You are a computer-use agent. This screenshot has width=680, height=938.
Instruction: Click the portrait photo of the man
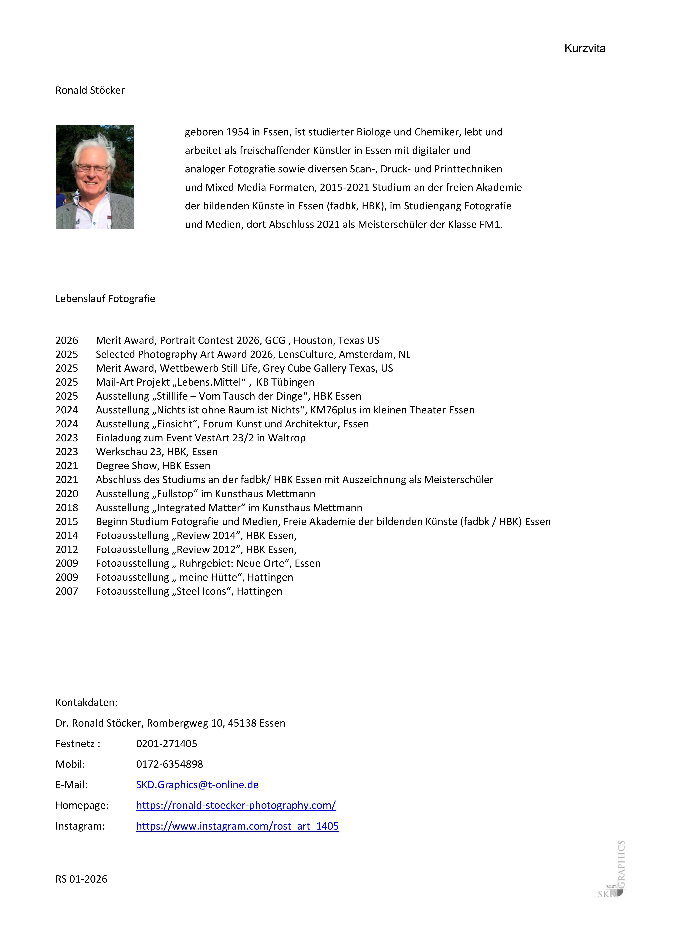pyautogui.click(x=95, y=177)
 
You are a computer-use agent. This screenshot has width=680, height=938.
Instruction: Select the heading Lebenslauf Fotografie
pyautogui.click(x=105, y=299)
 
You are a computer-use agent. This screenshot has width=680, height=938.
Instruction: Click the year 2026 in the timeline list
pyautogui.click(x=67, y=340)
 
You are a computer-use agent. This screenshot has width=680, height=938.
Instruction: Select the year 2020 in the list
pyautogui.click(x=67, y=494)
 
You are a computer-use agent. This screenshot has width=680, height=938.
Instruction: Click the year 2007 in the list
pyautogui.click(x=67, y=591)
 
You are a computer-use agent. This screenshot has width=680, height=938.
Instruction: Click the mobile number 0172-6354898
pyautogui.click(x=169, y=764)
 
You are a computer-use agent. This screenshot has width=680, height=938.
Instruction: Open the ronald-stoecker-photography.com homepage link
pyautogui.click(x=236, y=805)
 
